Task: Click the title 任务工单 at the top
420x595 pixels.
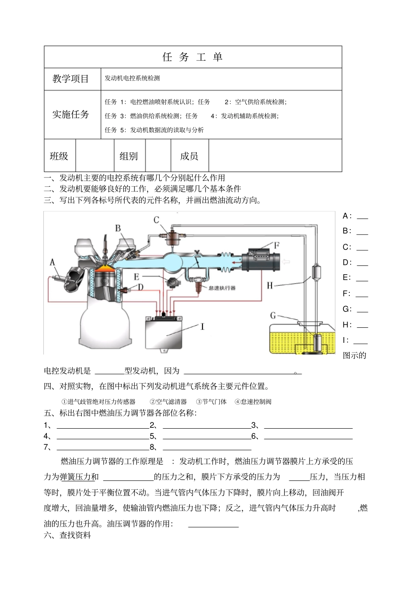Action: coord(193,57)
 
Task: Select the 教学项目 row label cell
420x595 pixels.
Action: coord(71,79)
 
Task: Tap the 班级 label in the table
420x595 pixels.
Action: coord(59,156)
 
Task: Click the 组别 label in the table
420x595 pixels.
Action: coord(129,156)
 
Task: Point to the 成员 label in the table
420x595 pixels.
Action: coord(189,156)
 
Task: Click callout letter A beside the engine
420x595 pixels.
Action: coord(53,263)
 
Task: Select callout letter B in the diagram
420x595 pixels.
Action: coord(118,228)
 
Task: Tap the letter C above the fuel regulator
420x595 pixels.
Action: coord(157,220)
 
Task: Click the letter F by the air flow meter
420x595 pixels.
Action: coord(277,245)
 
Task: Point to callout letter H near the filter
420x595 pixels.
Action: coord(270,286)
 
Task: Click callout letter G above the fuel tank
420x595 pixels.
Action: coord(273,315)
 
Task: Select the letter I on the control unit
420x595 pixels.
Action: coord(202,327)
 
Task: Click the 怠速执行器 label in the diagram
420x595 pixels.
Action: coord(222,288)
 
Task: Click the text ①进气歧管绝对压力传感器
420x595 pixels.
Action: coord(98,402)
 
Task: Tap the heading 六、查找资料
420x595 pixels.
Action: coord(68,535)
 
